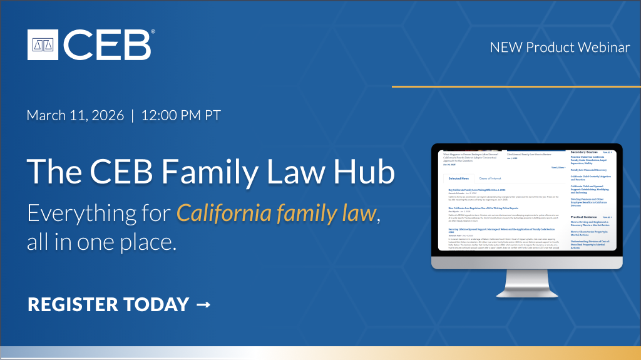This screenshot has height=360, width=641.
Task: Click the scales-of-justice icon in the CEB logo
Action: point(44,44)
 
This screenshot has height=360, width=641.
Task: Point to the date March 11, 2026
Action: point(75,116)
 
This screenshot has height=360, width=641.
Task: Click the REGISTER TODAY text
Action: point(108,305)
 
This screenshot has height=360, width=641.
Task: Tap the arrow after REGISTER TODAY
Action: point(203,305)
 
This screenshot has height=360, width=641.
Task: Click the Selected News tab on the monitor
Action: point(459,178)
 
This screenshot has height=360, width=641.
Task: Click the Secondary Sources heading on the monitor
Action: point(583,152)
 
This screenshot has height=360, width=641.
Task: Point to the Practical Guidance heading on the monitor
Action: point(584,217)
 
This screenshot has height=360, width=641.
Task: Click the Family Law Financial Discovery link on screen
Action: point(590,169)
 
